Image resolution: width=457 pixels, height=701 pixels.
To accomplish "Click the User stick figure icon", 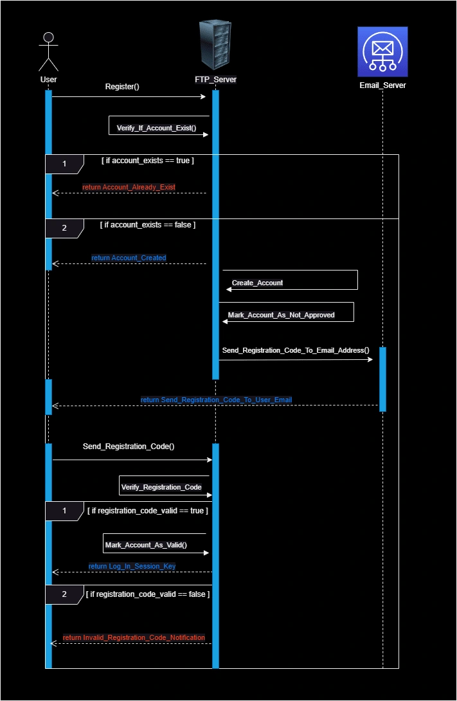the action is point(48,51).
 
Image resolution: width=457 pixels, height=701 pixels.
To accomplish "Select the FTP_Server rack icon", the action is point(215,44).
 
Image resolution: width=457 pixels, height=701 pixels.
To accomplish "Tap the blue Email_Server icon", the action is point(382,51).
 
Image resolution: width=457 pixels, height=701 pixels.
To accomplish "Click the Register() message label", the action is point(122,87).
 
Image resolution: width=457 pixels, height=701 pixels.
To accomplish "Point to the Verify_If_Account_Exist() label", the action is point(156,128).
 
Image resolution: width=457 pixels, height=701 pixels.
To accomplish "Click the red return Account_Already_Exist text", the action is point(129,187).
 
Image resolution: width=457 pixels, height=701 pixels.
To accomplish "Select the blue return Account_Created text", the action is point(129,258).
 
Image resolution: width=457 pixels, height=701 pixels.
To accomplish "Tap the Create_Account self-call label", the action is point(257,283).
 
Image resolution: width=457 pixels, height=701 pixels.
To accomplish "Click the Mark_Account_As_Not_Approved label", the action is point(282,315).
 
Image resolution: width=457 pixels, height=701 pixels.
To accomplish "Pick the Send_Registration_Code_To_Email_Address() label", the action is point(296,350).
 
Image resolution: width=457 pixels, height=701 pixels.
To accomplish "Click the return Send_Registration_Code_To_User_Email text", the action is point(216,400).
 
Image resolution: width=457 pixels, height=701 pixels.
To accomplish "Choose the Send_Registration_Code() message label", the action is point(129,446).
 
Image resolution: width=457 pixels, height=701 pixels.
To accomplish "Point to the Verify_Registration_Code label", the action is point(161,487).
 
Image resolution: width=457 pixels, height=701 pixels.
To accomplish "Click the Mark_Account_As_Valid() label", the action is point(146,545).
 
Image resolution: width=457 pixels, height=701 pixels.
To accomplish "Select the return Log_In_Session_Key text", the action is point(132,566).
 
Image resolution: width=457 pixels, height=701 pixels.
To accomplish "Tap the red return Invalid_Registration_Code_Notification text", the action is point(134,637).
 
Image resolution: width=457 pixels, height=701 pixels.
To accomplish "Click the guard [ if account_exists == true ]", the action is point(148,161).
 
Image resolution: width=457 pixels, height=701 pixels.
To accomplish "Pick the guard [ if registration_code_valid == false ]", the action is point(148,594).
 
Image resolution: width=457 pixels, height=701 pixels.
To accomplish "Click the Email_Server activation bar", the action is point(382,379).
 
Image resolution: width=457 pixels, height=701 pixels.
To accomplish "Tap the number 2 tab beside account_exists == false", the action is point(64,228).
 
